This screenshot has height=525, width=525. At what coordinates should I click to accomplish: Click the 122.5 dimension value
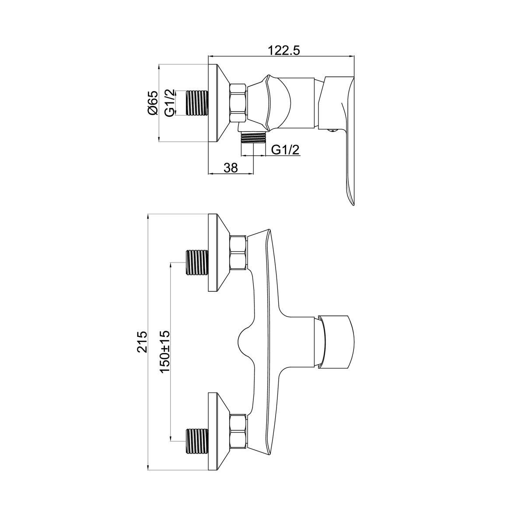click(x=284, y=50)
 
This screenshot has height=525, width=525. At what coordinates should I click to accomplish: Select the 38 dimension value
click(x=231, y=168)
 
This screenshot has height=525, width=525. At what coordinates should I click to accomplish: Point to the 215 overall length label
click(x=142, y=342)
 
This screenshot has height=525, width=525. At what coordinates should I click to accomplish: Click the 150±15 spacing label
click(x=165, y=352)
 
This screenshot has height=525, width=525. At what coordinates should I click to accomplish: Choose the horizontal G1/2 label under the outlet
click(x=286, y=150)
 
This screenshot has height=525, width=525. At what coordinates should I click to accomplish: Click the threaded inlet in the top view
click(x=196, y=103)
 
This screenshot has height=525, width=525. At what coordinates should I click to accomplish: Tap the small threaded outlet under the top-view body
click(x=253, y=137)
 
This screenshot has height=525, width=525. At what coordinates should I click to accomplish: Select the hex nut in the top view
click(x=238, y=103)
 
